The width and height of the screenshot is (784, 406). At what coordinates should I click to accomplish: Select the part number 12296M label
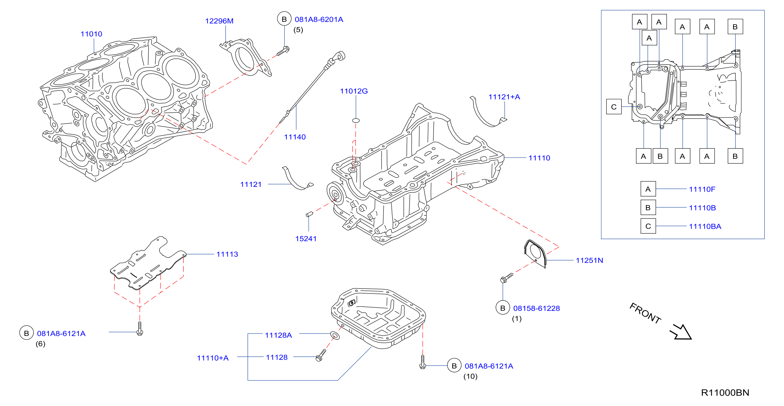coord(219,21)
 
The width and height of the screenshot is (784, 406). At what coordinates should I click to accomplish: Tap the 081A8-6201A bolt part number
coord(319,19)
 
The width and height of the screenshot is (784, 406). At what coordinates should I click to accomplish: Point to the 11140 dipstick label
coord(295,137)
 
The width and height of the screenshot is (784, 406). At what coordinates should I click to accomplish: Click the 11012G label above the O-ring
coord(354,91)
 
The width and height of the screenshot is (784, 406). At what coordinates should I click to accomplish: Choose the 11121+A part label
coord(504,97)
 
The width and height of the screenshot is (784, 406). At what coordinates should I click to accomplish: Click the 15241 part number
coord(306,239)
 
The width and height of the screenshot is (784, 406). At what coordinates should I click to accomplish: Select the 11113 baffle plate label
coord(227,254)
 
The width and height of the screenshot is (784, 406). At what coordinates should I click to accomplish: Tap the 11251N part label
coord(590,260)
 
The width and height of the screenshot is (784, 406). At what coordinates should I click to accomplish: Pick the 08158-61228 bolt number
coord(536,308)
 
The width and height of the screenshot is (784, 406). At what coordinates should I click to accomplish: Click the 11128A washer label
coord(278,335)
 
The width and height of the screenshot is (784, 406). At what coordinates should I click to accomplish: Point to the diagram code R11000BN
coord(725,393)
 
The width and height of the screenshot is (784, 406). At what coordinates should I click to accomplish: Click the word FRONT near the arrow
coord(645,313)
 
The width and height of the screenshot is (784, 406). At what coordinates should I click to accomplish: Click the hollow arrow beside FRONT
coord(681,332)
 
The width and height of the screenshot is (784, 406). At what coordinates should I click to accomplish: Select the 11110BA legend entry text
coord(705,227)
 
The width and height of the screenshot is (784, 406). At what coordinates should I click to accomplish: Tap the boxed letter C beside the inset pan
coord(614,106)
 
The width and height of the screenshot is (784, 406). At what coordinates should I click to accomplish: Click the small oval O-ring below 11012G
coord(356,121)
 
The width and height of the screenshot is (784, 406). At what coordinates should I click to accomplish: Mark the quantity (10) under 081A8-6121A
coord(471,376)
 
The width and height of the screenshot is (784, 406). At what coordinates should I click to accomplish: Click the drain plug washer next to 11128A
coord(335,336)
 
